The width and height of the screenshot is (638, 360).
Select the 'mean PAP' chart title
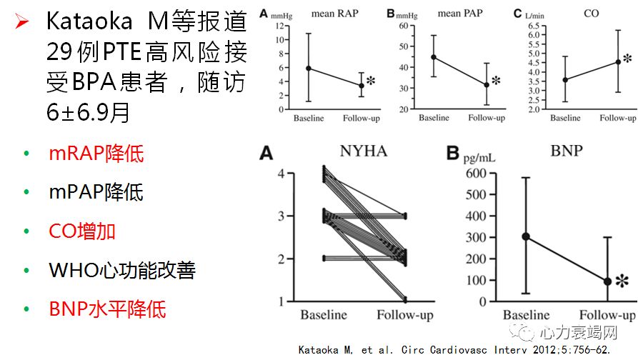(x=459, y=13)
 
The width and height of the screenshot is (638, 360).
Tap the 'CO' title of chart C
(x=591, y=13)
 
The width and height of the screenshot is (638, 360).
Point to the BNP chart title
(x=564, y=151)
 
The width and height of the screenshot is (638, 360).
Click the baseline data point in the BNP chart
(x=526, y=236)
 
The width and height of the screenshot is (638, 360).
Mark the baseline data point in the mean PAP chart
(x=433, y=57)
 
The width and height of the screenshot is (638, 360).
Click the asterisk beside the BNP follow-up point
(x=622, y=282)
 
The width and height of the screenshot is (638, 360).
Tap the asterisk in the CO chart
(x=627, y=59)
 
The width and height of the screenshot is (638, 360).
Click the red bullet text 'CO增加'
(x=82, y=231)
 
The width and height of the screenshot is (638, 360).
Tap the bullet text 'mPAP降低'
(x=96, y=192)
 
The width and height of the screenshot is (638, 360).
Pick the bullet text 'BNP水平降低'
(x=107, y=309)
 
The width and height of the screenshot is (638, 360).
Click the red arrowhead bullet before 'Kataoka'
(x=21, y=22)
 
